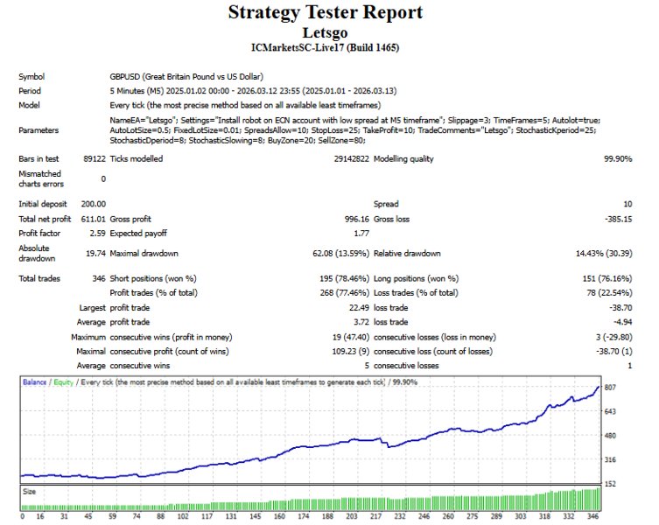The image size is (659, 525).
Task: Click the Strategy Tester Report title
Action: [x=325, y=13]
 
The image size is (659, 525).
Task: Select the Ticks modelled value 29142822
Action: [x=338, y=159]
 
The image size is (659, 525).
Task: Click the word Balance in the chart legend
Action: [x=35, y=382]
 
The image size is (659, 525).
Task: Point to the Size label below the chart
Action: [x=30, y=492]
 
